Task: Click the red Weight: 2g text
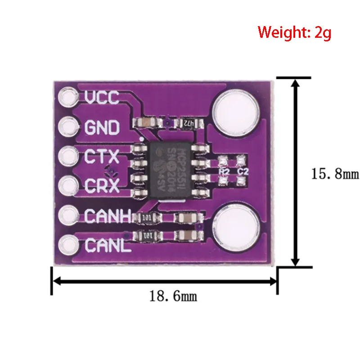pos(294,32)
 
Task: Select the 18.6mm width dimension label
pos(173,296)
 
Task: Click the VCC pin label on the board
pos(102,97)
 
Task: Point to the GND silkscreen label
pos(102,128)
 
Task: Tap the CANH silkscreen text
pos(107,216)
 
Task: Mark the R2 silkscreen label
pos(223,171)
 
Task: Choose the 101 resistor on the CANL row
pos(147,235)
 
